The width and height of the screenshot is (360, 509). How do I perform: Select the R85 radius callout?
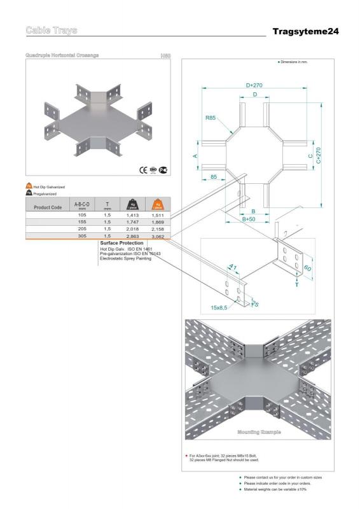coord(210,118)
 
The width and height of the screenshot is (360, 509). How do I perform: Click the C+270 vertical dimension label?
coord(318,155)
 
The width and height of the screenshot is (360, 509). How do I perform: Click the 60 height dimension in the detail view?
coord(308,269)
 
